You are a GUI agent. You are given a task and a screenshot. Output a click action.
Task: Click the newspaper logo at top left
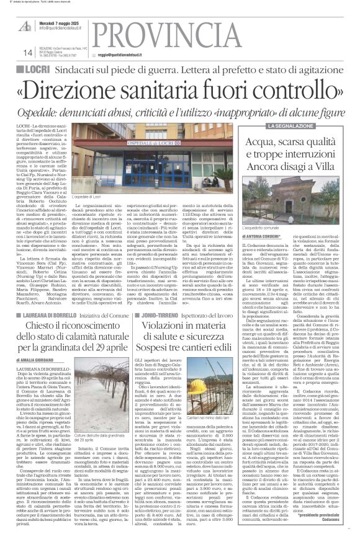(x=25, y=27)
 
